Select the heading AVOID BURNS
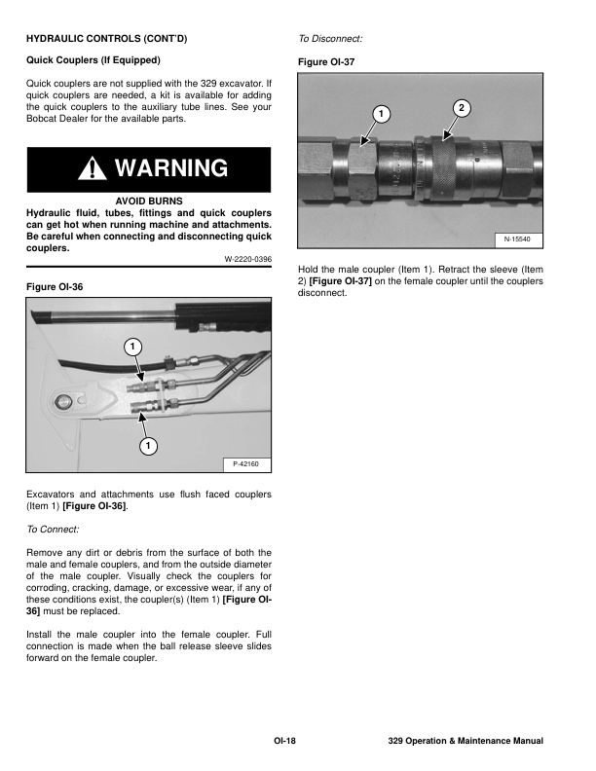click(x=149, y=201)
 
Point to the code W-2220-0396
click(x=246, y=258)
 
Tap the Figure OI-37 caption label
click(x=326, y=61)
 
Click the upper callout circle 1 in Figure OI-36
click(x=131, y=347)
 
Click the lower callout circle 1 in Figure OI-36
click(x=147, y=446)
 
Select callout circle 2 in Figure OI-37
click(x=462, y=106)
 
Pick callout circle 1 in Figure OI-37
click(x=383, y=115)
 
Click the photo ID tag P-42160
click(x=245, y=463)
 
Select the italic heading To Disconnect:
click(x=330, y=39)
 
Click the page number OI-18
click(x=285, y=742)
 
